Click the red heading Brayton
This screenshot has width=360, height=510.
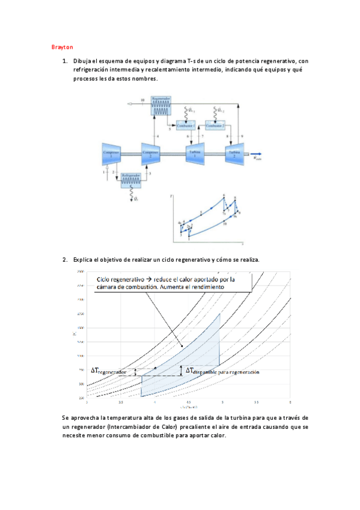click(62, 46)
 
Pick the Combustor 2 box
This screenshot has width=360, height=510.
click(215, 125)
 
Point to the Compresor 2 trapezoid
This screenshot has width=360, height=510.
click(150, 153)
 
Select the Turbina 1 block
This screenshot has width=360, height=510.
click(195, 153)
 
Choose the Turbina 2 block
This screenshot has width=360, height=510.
click(234, 153)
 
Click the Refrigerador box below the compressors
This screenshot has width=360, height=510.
click(131, 179)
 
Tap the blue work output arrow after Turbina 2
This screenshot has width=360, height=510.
click(255, 153)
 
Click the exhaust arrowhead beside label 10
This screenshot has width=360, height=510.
click(130, 104)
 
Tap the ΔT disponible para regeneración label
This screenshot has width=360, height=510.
click(222, 372)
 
